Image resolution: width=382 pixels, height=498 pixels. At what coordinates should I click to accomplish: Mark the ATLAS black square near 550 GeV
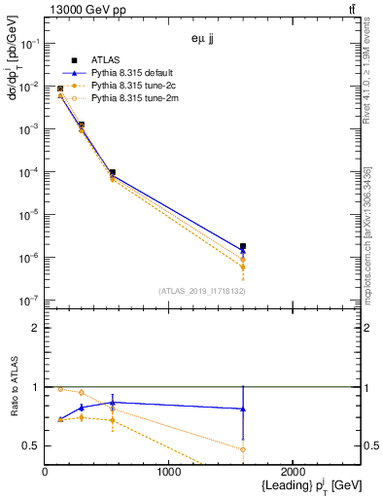[113, 172]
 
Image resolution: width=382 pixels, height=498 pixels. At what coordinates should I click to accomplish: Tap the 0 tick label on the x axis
[46, 472]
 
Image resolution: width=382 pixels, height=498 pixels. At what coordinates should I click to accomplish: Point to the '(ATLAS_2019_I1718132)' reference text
[201, 291]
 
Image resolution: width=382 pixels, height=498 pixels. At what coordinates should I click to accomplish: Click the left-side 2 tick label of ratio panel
[37, 328]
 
